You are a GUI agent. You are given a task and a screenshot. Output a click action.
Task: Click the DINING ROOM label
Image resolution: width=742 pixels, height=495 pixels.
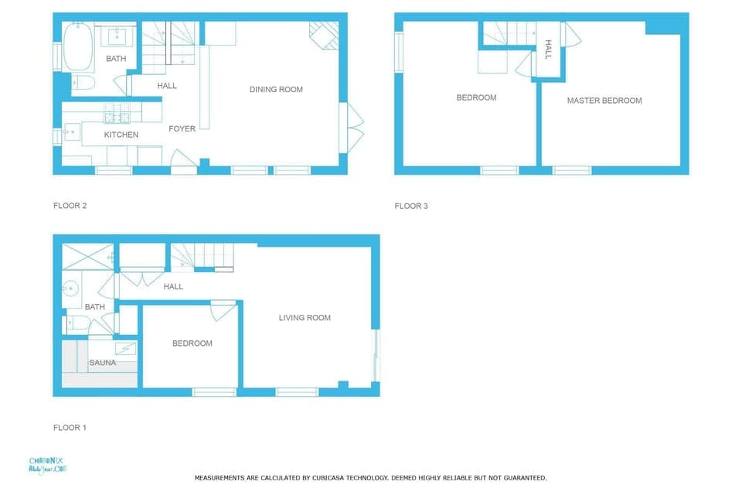point(276,90)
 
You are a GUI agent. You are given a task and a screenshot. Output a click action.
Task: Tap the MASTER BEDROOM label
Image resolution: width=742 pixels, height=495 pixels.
point(604,101)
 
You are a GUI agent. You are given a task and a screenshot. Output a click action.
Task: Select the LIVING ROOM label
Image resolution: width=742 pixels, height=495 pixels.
point(305,318)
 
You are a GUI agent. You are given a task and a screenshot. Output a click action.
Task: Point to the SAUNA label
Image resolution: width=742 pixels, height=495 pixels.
point(102,363)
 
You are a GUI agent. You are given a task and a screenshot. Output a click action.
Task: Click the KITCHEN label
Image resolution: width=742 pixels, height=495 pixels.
point(121,135)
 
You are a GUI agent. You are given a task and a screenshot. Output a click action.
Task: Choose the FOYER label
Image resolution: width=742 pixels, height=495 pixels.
point(182,129)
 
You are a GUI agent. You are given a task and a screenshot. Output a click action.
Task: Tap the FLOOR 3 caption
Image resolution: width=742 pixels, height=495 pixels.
point(411,206)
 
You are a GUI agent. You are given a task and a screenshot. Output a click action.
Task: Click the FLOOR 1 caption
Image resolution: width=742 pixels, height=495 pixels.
point(70,427)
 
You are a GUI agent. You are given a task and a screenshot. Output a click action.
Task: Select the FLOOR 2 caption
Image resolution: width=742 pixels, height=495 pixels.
point(70,206)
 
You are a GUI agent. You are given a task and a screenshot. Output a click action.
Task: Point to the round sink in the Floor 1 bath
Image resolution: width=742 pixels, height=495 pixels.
point(70,289)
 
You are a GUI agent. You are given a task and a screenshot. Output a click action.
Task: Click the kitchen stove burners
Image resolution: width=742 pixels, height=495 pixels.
point(117,115)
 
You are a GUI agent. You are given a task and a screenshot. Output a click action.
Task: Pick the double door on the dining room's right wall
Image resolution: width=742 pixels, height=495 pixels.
point(352,127)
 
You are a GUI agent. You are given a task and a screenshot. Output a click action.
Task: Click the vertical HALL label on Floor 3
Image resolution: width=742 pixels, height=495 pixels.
point(548,49)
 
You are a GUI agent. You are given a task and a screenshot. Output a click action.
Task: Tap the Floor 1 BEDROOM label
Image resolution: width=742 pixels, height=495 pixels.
point(192,343)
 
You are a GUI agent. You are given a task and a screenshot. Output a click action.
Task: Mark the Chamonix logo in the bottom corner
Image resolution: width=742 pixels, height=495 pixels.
point(48,465)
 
